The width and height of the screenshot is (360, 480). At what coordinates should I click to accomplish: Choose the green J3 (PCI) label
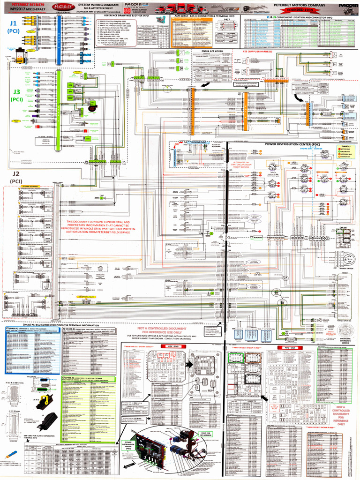(x=16, y=95)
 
